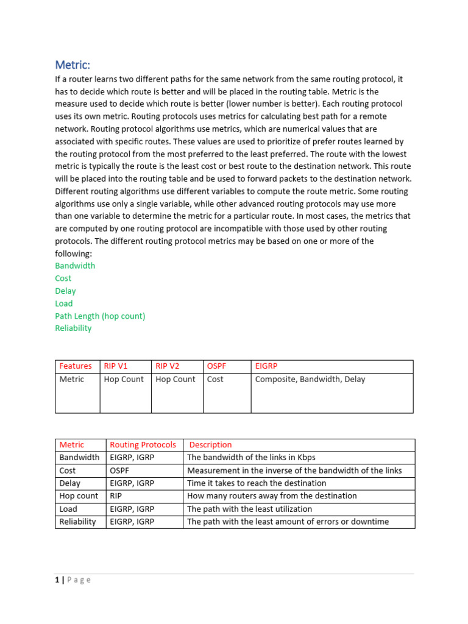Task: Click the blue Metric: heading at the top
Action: click(73, 65)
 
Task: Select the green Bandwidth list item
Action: click(75, 266)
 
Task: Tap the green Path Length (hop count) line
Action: click(100, 316)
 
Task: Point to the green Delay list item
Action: click(65, 291)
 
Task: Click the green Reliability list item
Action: click(73, 328)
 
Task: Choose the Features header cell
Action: click(76, 366)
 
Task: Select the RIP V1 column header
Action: click(116, 366)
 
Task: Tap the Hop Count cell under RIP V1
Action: click(124, 379)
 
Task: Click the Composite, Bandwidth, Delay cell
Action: click(310, 379)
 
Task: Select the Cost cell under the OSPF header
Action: click(215, 379)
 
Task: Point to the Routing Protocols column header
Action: click(143, 445)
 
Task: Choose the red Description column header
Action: click(210, 445)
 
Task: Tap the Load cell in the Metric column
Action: click(68, 509)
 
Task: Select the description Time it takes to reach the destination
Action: click(257, 483)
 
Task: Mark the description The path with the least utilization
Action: click(249, 509)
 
